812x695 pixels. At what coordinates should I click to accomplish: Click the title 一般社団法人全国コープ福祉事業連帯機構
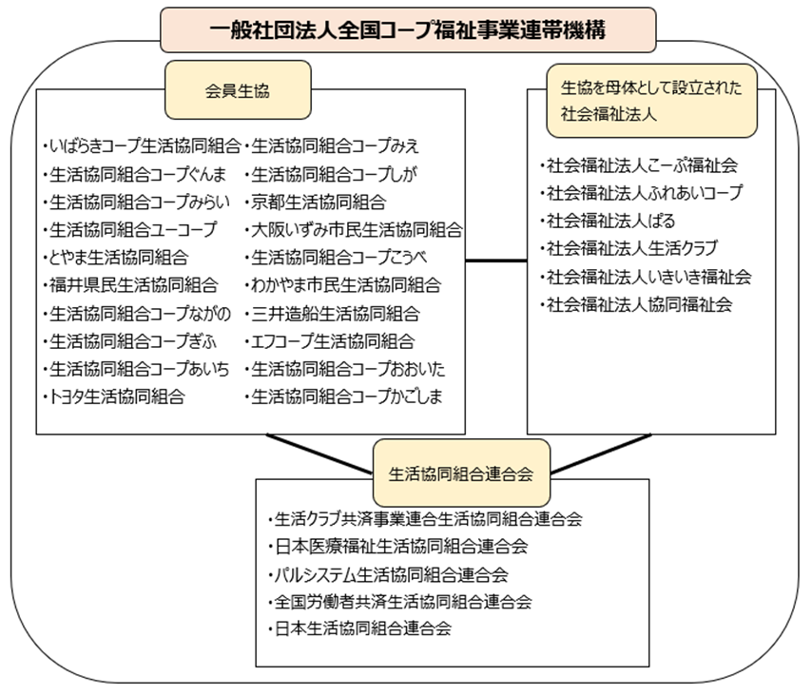pos(408,30)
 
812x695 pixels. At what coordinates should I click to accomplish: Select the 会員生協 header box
pos(238,90)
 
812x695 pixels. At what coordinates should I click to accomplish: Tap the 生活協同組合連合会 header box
pos(461,473)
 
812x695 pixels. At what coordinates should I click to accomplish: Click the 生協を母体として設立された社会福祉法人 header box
pos(651,101)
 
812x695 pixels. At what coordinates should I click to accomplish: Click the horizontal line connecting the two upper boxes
pos(496,261)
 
